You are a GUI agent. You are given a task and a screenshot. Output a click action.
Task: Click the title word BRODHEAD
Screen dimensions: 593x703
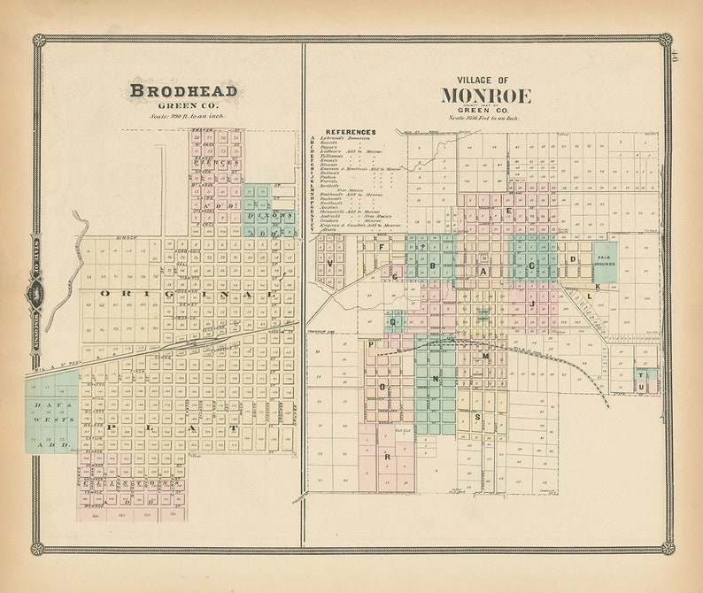(x=183, y=90)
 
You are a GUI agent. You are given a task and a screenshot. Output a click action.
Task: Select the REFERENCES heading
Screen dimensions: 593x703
(x=350, y=132)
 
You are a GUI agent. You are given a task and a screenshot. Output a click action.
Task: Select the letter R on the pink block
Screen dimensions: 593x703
(x=387, y=457)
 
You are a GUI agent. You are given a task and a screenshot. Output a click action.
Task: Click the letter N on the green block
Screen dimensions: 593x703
(x=435, y=377)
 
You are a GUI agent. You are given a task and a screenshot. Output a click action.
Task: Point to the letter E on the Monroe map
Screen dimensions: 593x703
(x=508, y=212)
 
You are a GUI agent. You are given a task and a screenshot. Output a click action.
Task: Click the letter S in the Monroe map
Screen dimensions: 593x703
(x=476, y=417)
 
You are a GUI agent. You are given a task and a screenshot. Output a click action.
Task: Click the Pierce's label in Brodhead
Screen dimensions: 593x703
(x=214, y=164)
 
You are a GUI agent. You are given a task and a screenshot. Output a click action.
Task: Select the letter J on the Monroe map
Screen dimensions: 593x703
(x=532, y=304)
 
